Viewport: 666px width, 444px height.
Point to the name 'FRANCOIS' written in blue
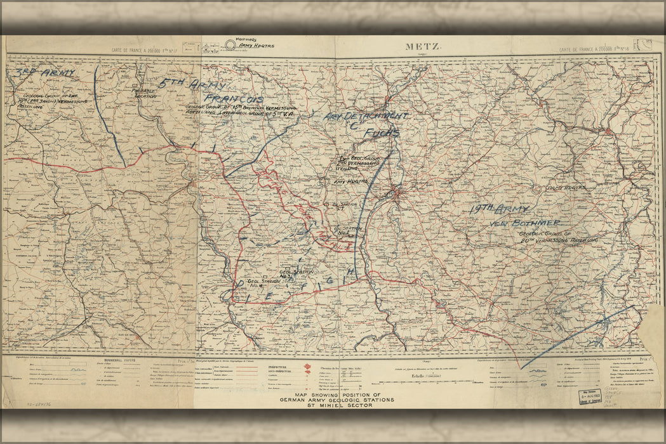click(x=235, y=100)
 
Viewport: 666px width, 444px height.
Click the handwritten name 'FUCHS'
click(x=381, y=133)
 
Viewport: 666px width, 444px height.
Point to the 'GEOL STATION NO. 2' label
click(x=347, y=231)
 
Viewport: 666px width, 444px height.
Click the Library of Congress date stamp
click(x=589, y=396)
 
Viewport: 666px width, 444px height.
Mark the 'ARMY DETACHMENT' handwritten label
click(x=365, y=117)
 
